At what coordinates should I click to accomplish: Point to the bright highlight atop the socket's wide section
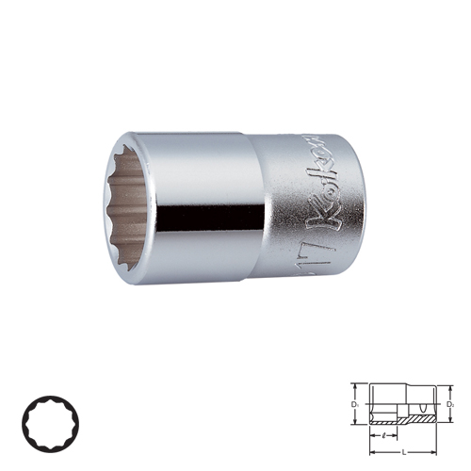coord(198,155)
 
